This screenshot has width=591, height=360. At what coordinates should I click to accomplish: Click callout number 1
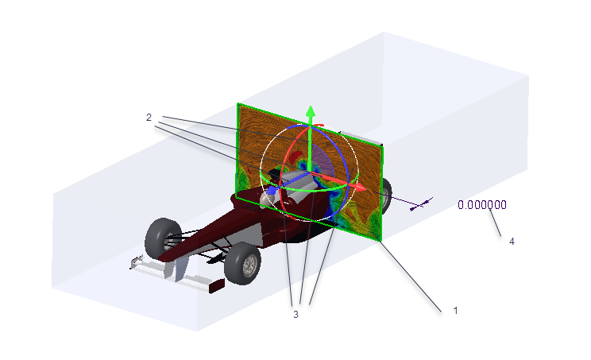click(455, 310)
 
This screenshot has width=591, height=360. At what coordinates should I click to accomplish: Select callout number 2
click(149, 118)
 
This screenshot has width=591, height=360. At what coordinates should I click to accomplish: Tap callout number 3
click(295, 314)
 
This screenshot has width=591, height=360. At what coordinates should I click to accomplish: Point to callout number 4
click(512, 242)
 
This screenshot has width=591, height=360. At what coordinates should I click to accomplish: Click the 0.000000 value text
click(482, 205)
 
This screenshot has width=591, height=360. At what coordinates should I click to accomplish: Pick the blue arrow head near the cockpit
click(272, 190)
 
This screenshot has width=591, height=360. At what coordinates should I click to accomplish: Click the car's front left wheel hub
click(249, 265)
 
